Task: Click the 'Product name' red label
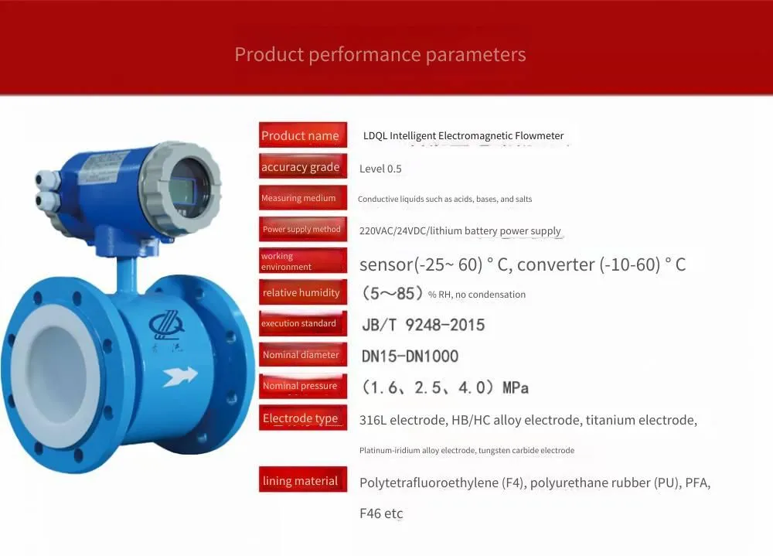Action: [303, 135]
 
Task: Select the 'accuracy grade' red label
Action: [303, 166]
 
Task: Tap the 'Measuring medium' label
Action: [303, 197]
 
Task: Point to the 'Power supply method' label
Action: [303, 229]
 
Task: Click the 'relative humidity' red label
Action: [303, 292]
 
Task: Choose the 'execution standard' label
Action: [303, 323]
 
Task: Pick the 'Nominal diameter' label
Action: [303, 354]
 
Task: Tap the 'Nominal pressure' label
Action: [303, 386]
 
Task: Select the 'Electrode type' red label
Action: [303, 418]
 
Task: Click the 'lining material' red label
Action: [303, 479]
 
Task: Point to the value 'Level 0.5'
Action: [380, 169]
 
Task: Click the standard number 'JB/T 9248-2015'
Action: [423, 325]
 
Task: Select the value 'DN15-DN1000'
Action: [410, 356]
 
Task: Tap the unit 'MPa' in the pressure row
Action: [515, 387]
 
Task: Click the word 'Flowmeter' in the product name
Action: [539, 135]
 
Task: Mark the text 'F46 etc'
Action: [381, 513]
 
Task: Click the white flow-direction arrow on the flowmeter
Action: [180, 376]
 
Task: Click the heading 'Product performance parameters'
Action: [380, 54]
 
